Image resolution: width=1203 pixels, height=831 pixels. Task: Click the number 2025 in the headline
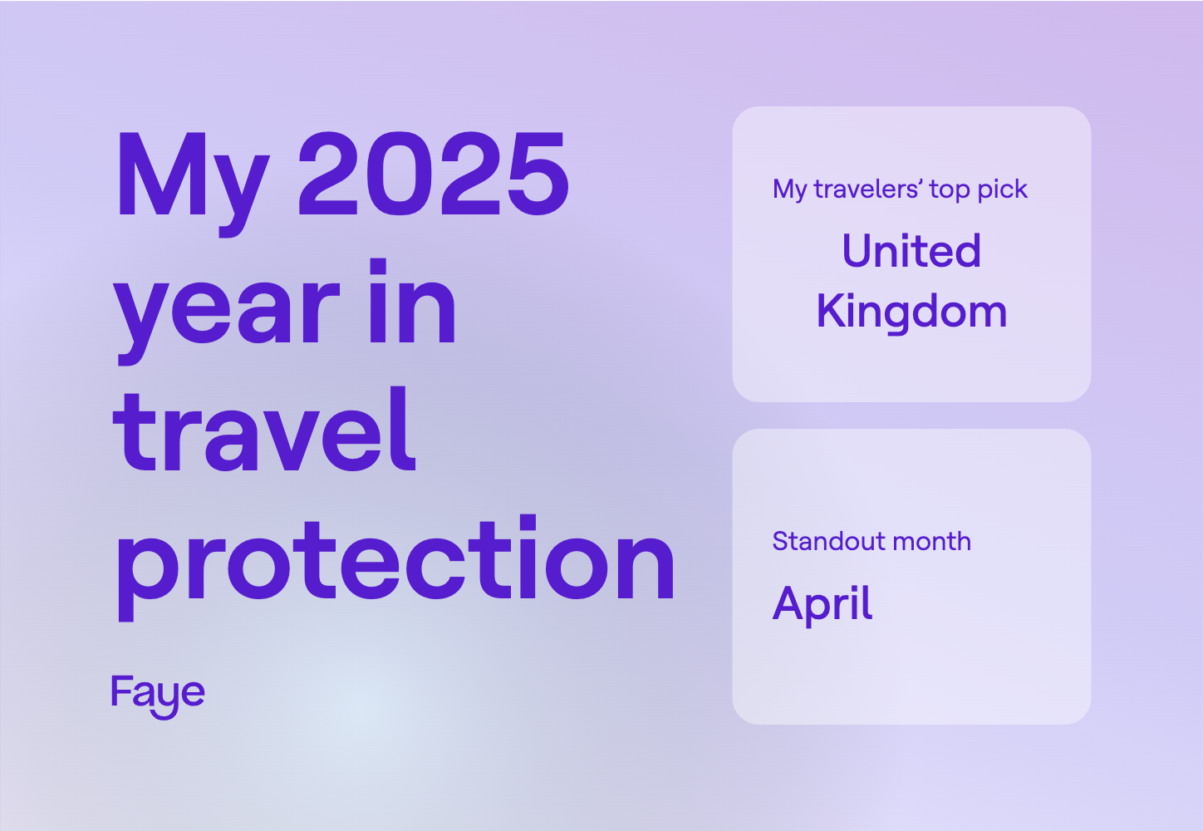pos(433,175)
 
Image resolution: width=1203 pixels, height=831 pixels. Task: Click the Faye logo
pos(158,694)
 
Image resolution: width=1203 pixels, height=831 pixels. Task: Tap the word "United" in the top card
pos(911,251)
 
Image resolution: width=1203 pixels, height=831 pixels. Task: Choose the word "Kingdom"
pos(911,312)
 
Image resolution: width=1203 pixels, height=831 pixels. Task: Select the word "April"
pos(822,604)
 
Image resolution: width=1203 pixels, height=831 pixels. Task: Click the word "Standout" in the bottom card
pos(822,542)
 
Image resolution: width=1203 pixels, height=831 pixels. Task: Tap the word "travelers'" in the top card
pos(868,189)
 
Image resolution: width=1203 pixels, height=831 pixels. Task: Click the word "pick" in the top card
pos(1003,190)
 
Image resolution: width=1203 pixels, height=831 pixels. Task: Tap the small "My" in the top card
pos(789,190)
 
